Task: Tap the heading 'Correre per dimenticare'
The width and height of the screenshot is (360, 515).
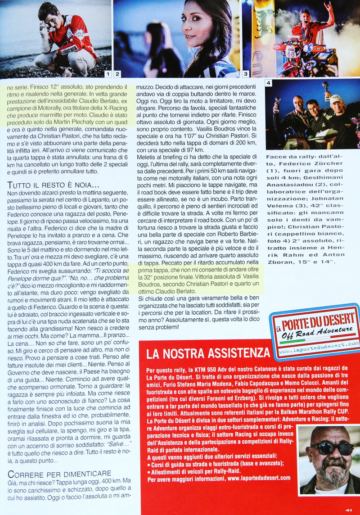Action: click(x=59, y=473)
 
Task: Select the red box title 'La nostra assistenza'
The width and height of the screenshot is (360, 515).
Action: click(x=205, y=352)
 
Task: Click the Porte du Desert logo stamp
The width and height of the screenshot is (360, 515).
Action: click(x=315, y=332)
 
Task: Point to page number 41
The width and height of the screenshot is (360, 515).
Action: click(x=348, y=510)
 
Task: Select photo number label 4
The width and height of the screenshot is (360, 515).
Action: click(x=269, y=83)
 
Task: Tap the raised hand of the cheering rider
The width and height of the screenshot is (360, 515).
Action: click(x=328, y=6)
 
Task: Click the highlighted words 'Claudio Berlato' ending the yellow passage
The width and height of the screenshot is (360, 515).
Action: click(x=177, y=291)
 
